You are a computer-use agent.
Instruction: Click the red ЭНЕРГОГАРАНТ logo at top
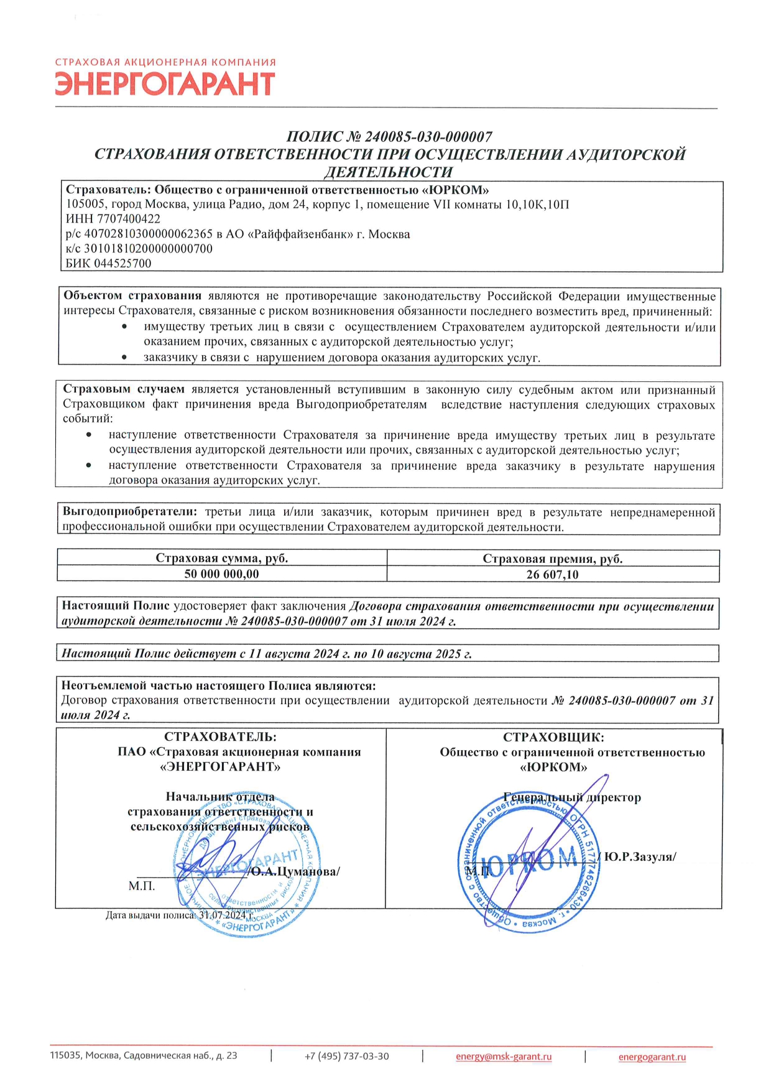tap(165, 83)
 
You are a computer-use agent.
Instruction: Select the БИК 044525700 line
tap(109, 263)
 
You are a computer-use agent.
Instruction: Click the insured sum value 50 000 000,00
tap(221, 574)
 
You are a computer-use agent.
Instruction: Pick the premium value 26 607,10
tap(552, 575)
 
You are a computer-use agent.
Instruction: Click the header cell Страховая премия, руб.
tap(552, 559)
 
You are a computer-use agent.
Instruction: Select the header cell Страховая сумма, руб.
tap(221, 558)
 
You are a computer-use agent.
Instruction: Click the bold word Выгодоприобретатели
tap(130, 512)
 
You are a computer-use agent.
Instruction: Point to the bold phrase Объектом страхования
tap(132, 295)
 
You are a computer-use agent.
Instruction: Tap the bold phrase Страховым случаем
tap(124, 389)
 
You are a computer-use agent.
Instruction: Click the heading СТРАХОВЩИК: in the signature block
tap(553, 737)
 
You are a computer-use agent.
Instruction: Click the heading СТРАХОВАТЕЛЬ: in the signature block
tap(220, 737)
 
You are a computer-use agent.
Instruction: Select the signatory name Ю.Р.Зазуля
tap(639, 857)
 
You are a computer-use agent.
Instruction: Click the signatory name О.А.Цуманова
tap(295, 871)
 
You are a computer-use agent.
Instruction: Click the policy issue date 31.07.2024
tap(223, 915)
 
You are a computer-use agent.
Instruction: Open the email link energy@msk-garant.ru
tap(504, 1056)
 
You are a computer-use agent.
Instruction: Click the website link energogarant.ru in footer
tap(652, 1057)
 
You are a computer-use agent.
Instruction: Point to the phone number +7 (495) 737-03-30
tap(346, 1056)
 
